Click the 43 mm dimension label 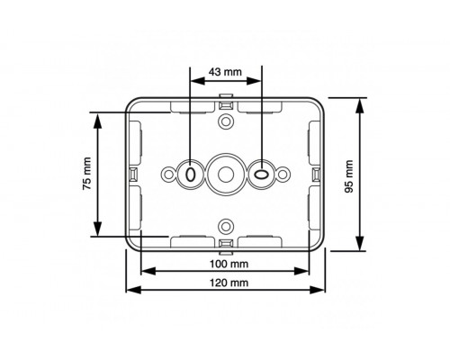225,71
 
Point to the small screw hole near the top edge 225,119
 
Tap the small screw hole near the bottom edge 225,224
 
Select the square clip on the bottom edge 225,243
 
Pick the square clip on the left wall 131,172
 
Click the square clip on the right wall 318,172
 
